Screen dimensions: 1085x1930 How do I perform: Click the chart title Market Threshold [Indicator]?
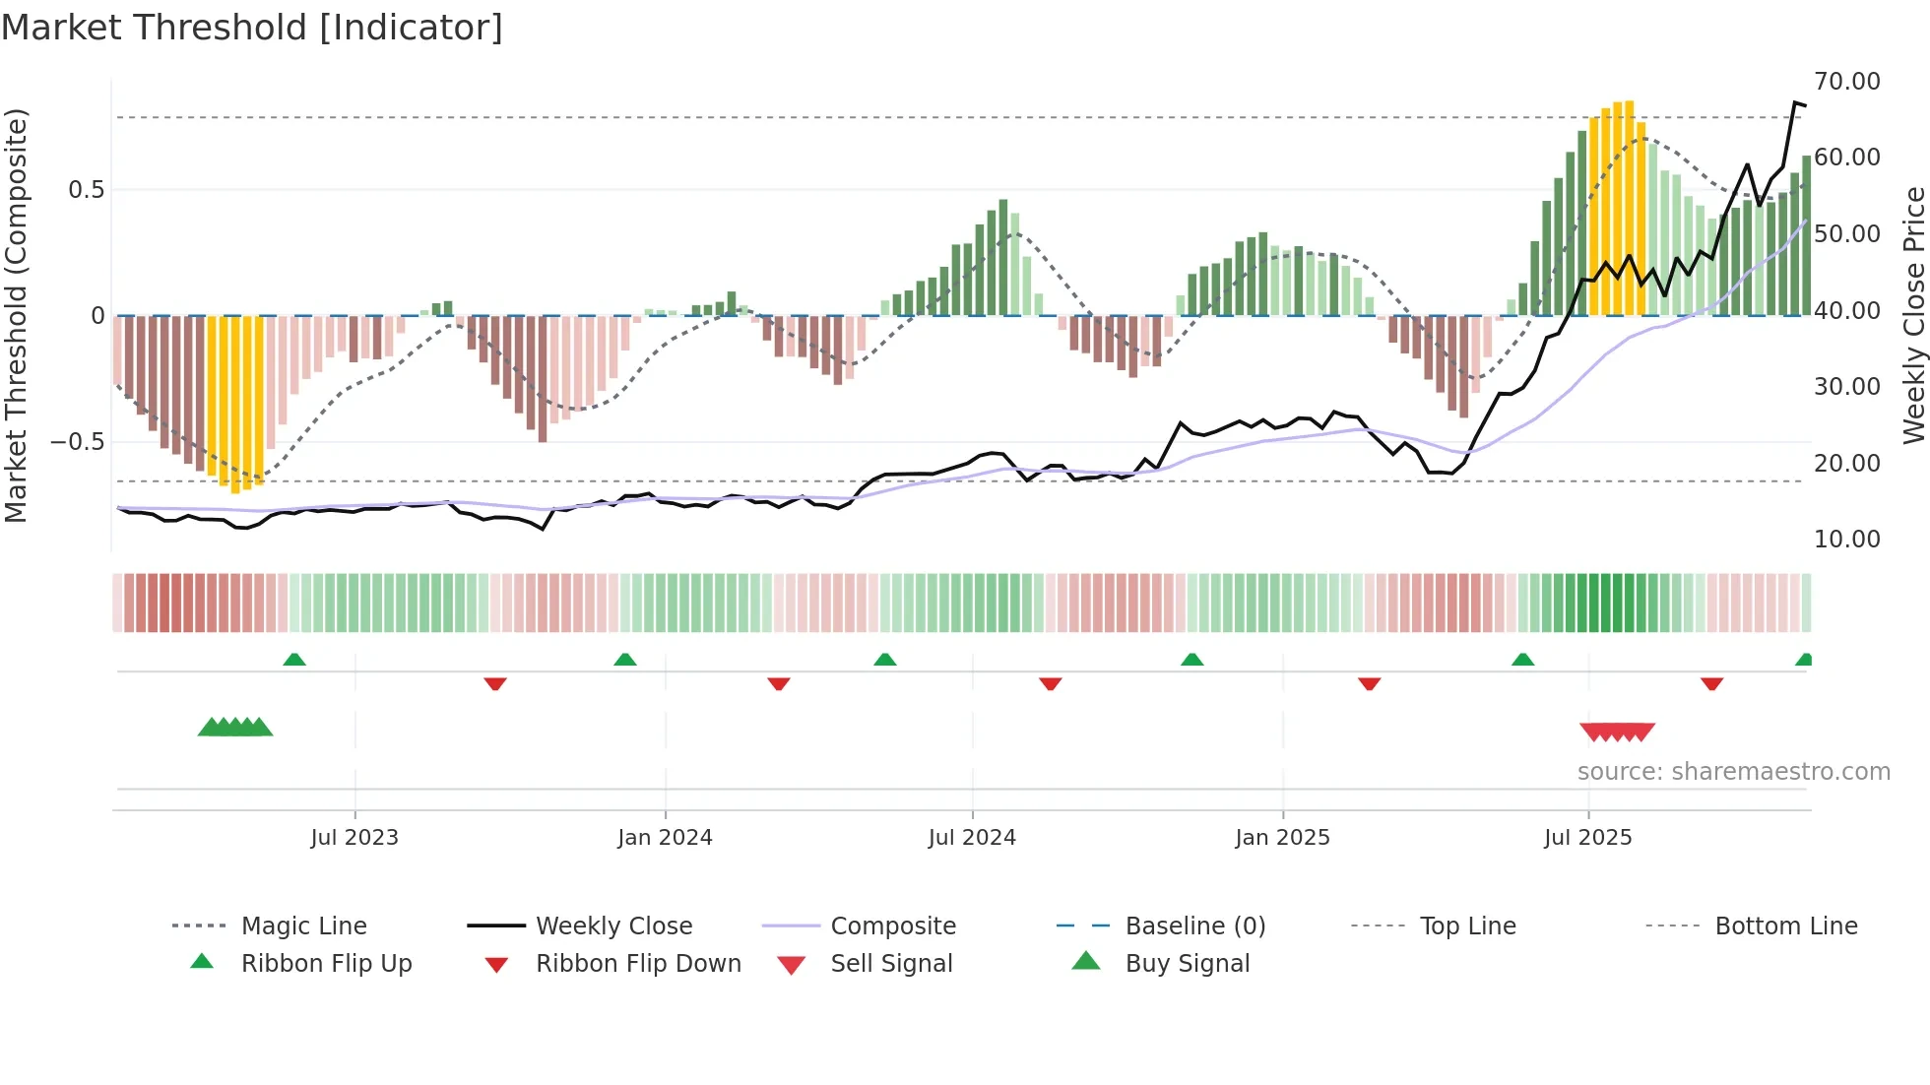coord(252,28)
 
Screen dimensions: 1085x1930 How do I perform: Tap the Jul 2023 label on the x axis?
coord(354,838)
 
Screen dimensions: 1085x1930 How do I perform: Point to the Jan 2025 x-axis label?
coord(1282,838)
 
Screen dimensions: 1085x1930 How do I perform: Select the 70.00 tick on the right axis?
coord(1846,82)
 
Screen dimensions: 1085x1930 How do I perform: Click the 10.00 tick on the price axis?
coord(1846,540)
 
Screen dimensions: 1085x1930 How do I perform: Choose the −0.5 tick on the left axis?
coord(78,442)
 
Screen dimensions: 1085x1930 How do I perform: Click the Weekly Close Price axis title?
coord(1913,315)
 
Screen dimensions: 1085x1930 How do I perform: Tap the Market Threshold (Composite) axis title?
coord(17,315)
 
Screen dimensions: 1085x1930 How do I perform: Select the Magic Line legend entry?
coord(303,926)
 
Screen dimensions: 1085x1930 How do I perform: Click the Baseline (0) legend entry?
coord(1194,926)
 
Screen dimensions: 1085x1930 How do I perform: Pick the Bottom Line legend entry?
coord(1785,926)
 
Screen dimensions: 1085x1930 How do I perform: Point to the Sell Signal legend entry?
coord(891,964)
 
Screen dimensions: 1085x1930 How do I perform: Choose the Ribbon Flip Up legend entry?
coord(326,964)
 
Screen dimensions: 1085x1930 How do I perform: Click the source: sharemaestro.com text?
coord(1733,772)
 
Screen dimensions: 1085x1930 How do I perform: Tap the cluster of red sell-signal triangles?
coord(1617,732)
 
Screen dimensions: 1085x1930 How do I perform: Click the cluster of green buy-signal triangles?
coord(234,728)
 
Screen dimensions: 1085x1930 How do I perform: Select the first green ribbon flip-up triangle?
coord(294,660)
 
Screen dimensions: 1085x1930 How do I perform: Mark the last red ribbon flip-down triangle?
coord(1711,683)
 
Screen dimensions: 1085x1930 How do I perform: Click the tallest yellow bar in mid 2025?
coord(1629,207)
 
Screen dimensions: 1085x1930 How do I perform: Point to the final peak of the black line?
coord(1795,102)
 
